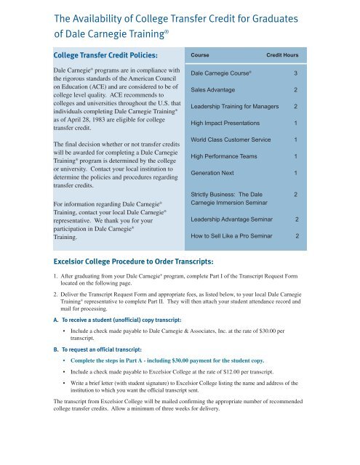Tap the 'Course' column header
point(201,55)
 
